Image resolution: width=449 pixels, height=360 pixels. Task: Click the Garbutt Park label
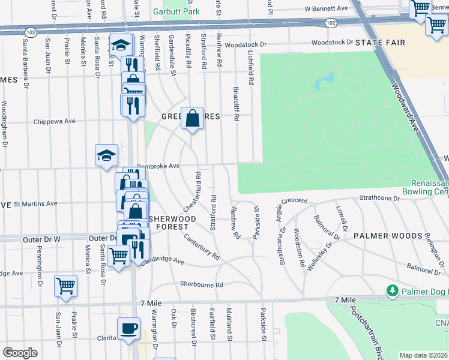(175, 11)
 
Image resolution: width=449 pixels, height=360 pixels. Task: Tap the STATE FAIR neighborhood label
(380, 43)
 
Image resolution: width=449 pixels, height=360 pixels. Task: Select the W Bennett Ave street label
(327, 9)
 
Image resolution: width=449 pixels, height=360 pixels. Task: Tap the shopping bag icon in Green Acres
(191, 119)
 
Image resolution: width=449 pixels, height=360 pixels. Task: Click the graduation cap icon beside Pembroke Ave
(106, 155)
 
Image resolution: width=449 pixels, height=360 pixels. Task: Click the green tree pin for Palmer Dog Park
(392, 290)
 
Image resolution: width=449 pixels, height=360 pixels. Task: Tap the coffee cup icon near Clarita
(129, 329)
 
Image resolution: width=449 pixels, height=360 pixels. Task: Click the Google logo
(20, 352)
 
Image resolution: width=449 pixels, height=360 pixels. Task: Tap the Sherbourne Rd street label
(201, 284)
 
